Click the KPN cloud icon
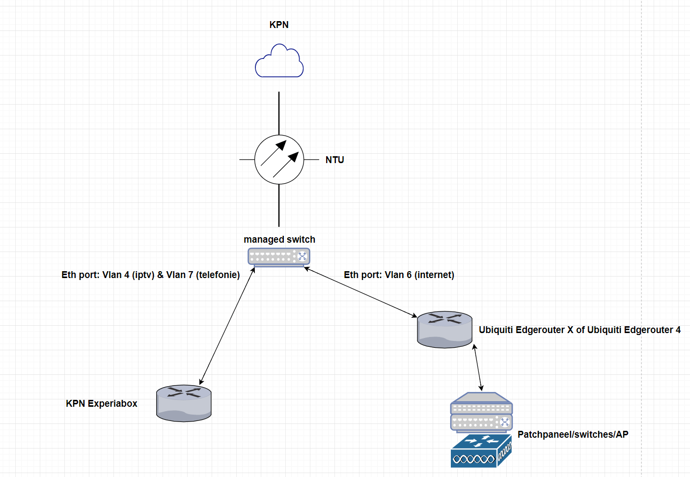click(x=279, y=61)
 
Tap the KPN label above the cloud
click(x=279, y=25)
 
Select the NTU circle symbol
click(x=279, y=160)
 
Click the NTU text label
click(x=334, y=160)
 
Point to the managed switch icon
click(x=279, y=257)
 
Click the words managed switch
click(x=279, y=240)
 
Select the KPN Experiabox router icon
click(x=184, y=403)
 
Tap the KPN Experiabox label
click(x=102, y=404)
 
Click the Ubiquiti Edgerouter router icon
click(x=444, y=330)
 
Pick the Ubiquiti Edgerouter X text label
click(x=580, y=330)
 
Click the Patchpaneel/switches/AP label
click(x=573, y=435)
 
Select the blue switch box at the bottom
click(x=481, y=451)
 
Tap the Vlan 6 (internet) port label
click(x=399, y=275)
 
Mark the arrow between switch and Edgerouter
click(x=360, y=292)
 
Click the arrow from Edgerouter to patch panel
click(x=478, y=367)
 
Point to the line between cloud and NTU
click(x=279, y=113)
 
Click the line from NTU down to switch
click(x=279, y=205)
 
